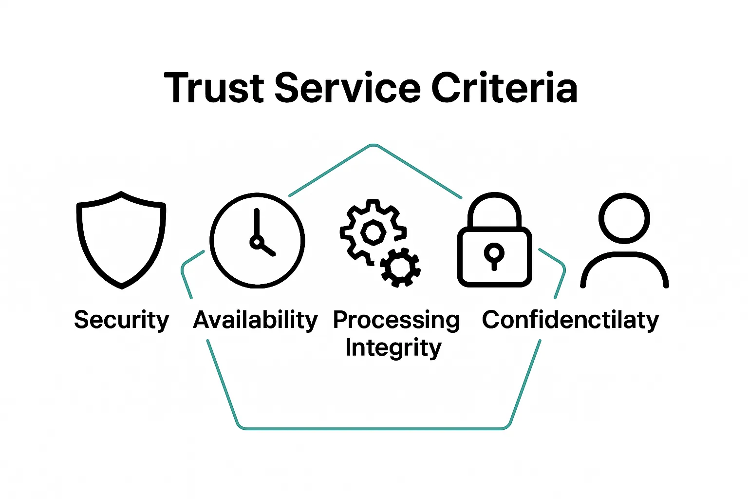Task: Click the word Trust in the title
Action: pyautogui.click(x=214, y=88)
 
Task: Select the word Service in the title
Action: pyautogui.click(x=347, y=88)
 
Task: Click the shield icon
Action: pyautogui.click(x=121, y=239)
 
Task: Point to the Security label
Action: pyautogui.click(x=121, y=320)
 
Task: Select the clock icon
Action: pyautogui.click(x=257, y=240)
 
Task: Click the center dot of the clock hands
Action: pyautogui.click(x=256, y=242)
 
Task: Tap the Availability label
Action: pyautogui.click(x=255, y=320)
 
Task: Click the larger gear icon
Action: pyautogui.click(x=373, y=231)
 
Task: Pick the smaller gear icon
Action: pyautogui.click(x=400, y=267)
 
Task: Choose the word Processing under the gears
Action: pyautogui.click(x=396, y=320)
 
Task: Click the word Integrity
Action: pyautogui.click(x=393, y=348)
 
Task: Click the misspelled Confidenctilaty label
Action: pyautogui.click(x=570, y=320)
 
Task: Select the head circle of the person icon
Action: pyautogui.click(x=624, y=218)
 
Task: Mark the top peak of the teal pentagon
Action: pyautogui.click(x=373, y=145)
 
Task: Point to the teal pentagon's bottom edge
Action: pyautogui.click(x=373, y=429)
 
